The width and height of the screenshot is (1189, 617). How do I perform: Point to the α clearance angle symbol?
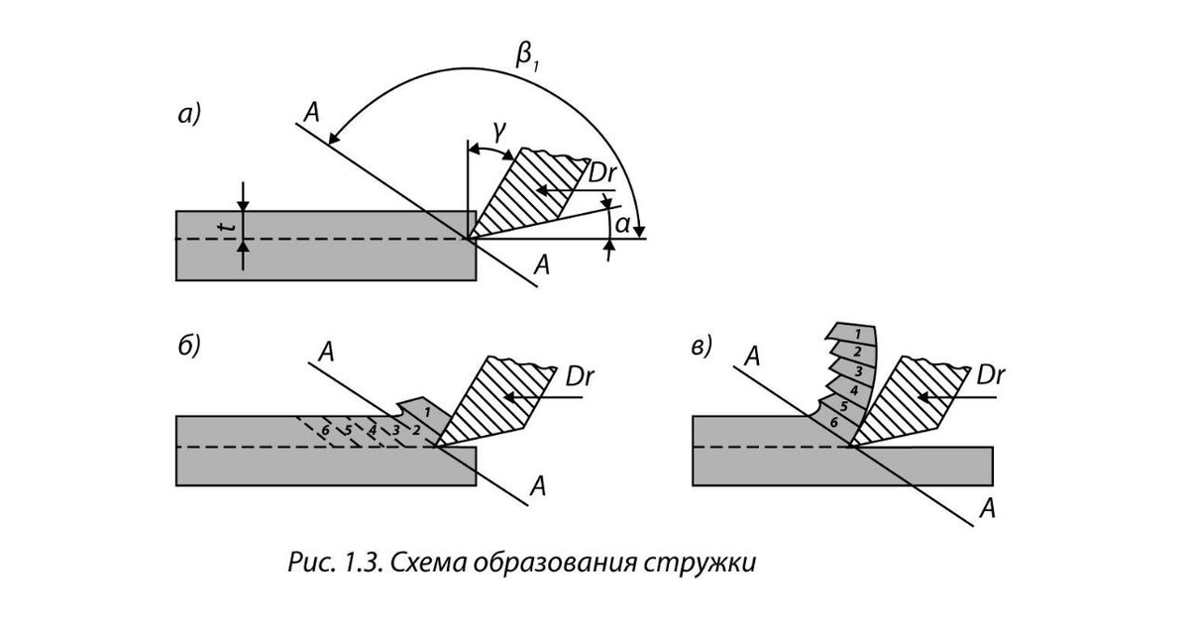pyautogui.click(x=621, y=226)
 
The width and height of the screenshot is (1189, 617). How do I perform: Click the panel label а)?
pyautogui.click(x=189, y=116)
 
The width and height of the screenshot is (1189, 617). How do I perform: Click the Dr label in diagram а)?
pyautogui.click(x=602, y=172)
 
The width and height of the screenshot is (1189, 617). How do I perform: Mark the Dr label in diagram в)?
pyautogui.click(x=992, y=376)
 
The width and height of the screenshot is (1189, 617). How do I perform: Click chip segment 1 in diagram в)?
pyautogui.click(x=857, y=333)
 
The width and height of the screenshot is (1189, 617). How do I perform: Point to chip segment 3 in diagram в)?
pyautogui.click(x=855, y=369)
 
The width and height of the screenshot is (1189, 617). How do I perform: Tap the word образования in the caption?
pyautogui.click(x=551, y=564)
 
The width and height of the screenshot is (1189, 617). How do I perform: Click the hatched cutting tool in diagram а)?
pyautogui.click(x=525, y=193)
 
